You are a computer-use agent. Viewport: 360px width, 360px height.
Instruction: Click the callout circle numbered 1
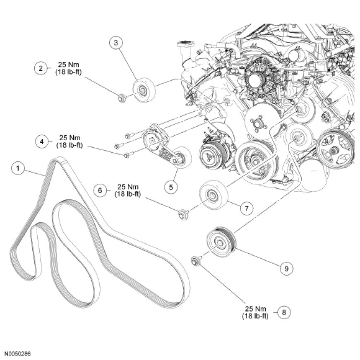coord(17,168)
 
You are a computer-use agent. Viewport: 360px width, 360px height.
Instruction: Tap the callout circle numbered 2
coord(41,69)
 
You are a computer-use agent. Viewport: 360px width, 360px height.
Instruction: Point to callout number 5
coord(171,186)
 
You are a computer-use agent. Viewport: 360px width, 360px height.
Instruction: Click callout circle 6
coord(100,190)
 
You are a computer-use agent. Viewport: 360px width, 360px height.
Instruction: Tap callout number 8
coord(283,312)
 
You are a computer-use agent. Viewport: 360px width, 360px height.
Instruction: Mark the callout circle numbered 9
coord(286,268)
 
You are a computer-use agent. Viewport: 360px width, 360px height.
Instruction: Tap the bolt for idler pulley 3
coord(122,98)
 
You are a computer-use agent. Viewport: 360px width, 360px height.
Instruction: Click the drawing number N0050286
coord(18,355)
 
